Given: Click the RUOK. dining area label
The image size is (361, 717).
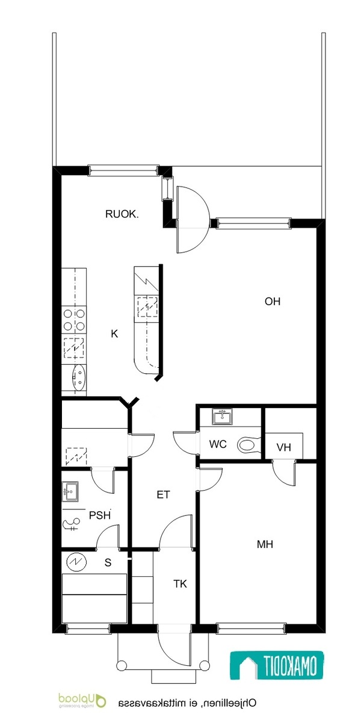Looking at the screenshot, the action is (x=122, y=214).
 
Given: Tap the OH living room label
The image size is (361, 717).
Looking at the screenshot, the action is (x=273, y=302).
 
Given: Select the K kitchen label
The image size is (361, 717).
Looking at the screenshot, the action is (x=114, y=334).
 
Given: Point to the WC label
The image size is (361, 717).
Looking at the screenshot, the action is (x=218, y=444).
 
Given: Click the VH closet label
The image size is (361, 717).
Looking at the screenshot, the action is (x=284, y=447).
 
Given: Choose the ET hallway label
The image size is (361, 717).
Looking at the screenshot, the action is (x=164, y=494).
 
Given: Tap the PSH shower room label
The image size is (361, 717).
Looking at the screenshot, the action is (x=100, y=515).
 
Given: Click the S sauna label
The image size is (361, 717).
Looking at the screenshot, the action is (x=108, y=562).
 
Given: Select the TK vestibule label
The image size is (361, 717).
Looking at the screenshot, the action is (x=180, y=583).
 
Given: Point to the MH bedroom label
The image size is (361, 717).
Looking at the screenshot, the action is (x=265, y=544).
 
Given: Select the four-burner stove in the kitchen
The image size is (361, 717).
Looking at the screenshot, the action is (x=74, y=320).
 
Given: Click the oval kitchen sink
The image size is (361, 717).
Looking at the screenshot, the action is (x=79, y=377).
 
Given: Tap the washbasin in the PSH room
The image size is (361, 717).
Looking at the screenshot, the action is (x=71, y=491).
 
